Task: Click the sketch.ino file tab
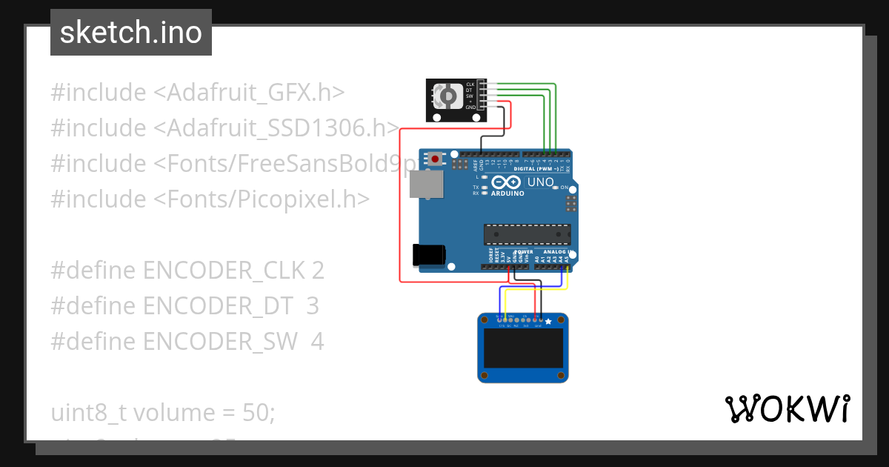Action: (131, 33)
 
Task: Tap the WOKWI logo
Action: (787, 409)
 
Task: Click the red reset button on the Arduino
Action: (434, 158)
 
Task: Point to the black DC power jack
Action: (429, 254)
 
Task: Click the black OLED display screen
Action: (522, 349)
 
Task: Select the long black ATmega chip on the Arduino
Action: (527, 233)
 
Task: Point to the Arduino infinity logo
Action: (507, 182)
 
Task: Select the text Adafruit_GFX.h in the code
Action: (256, 93)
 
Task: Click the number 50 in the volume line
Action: (259, 412)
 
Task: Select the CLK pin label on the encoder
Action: (470, 84)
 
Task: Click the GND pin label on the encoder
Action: (470, 107)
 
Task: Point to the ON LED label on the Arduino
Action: (564, 188)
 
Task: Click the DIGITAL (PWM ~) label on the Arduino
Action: (545, 169)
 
